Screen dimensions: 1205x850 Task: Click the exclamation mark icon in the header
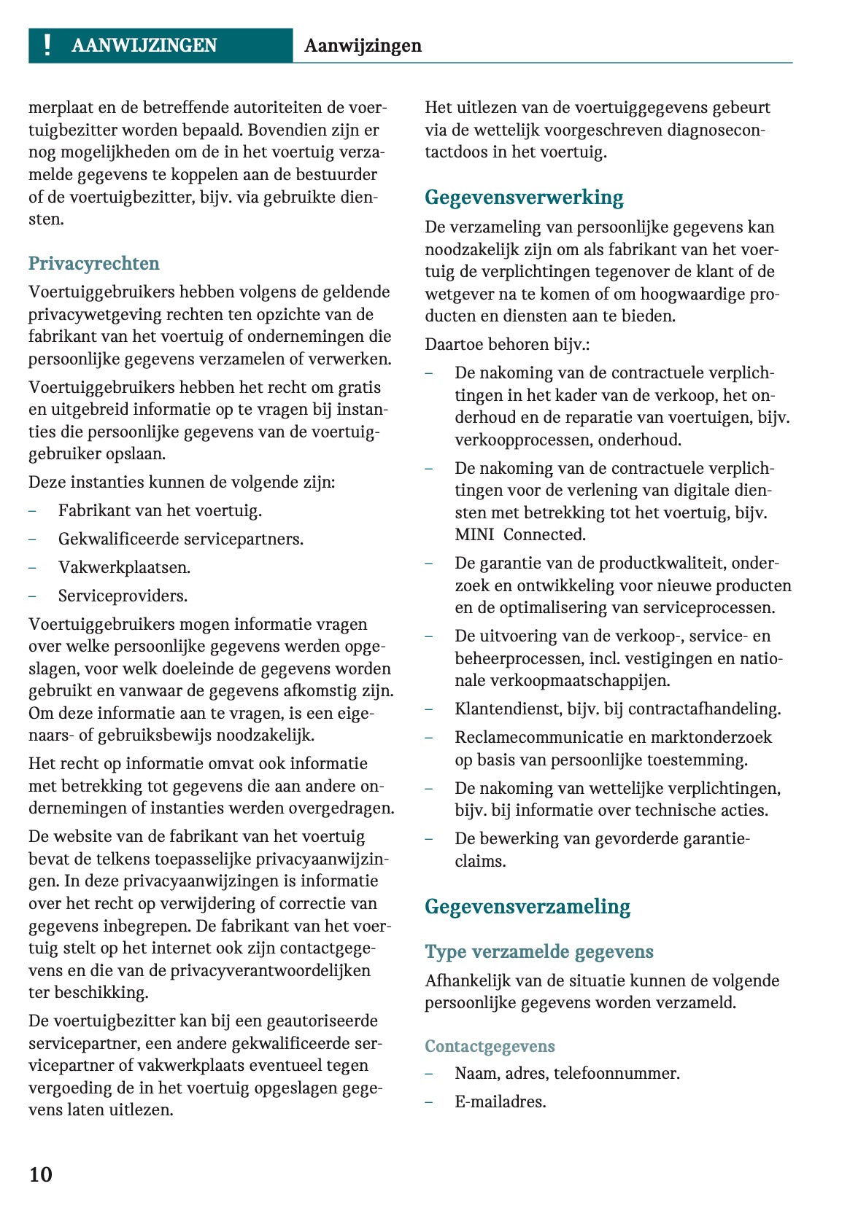pyautogui.click(x=47, y=45)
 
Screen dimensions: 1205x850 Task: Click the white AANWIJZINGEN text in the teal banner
pyautogui.click(x=144, y=46)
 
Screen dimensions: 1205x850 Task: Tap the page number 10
pyautogui.click(x=41, y=1174)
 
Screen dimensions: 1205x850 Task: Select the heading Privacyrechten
pyautogui.click(x=93, y=263)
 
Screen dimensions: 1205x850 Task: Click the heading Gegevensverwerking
pyautogui.click(x=524, y=198)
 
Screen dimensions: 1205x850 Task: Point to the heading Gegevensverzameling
pyautogui.click(x=527, y=907)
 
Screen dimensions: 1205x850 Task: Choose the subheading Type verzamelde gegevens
pyautogui.click(x=538, y=951)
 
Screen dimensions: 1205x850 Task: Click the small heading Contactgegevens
pyautogui.click(x=490, y=1046)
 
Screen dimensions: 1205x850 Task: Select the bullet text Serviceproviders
pyautogui.click(x=123, y=596)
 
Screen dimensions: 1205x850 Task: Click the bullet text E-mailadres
pyautogui.click(x=500, y=1101)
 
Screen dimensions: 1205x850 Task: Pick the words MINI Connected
pyautogui.click(x=519, y=534)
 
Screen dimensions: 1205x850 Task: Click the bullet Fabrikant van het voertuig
pyautogui.click(x=160, y=510)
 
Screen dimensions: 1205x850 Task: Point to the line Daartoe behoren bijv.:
pyautogui.click(x=507, y=344)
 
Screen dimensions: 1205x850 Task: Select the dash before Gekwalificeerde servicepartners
pyautogui.click(x=33, y=539)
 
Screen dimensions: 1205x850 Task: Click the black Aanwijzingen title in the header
pyautogui.click(x=363, y=46)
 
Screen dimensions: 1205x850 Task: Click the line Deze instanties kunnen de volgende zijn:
pyautogui.click(x=182, y=482)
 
